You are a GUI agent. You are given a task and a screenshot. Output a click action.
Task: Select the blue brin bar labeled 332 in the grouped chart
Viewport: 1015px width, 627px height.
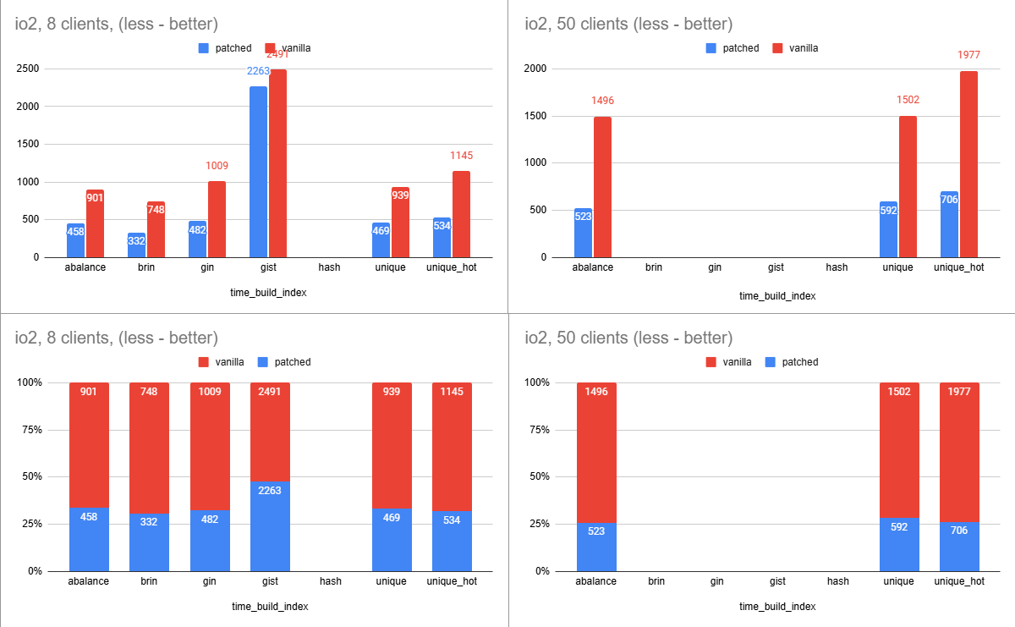(137, 245)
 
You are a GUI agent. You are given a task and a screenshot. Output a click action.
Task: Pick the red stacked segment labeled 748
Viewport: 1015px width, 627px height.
(149, 448)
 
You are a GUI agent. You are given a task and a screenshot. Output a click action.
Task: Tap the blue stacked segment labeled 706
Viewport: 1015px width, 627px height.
(959, 547)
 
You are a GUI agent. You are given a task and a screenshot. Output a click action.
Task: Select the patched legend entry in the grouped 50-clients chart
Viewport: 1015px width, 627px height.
(732, 48)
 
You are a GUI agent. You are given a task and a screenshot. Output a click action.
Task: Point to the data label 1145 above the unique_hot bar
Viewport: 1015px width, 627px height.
(461, 156)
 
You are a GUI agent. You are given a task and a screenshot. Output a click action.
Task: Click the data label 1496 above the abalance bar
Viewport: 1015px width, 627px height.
(602, 101)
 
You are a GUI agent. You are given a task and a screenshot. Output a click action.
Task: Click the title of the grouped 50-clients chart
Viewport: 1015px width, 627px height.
(628, 24)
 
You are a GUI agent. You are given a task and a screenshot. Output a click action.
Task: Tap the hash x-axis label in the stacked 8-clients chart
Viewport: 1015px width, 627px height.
(330, 581)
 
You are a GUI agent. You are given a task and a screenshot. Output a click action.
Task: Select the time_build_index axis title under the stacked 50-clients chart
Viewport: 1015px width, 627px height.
(777, 607)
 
